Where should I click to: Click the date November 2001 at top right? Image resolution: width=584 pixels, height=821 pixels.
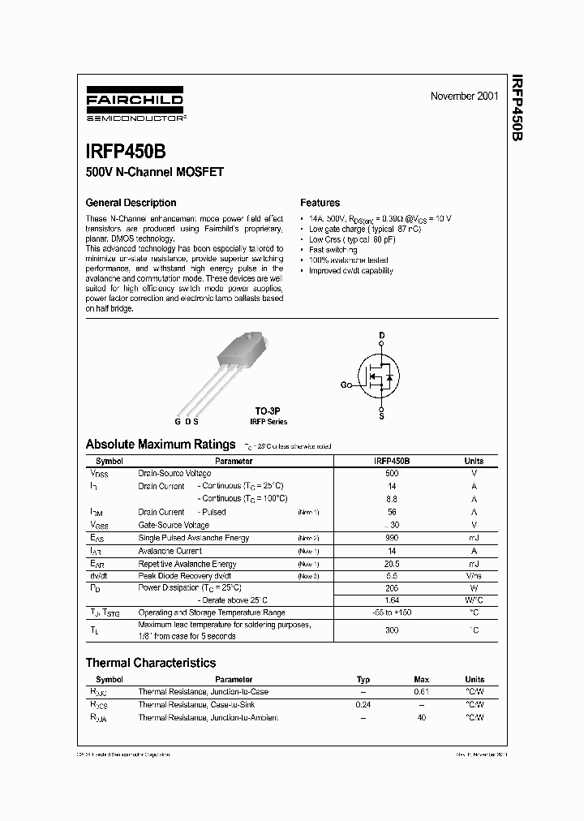tap(464, 97)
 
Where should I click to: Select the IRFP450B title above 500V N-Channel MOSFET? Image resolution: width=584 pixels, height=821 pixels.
tap(127, 152)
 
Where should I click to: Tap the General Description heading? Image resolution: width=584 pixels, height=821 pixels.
tap(131, 203)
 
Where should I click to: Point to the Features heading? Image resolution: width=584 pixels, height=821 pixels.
tap(320, 203)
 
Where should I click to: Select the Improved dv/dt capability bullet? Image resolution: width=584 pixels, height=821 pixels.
tap(350, 271)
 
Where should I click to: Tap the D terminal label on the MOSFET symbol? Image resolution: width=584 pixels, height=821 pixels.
tap(382, 335)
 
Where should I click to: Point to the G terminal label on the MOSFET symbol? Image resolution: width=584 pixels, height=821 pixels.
tap(344, 385)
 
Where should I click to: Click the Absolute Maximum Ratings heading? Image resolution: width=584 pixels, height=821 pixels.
tap(160, 445)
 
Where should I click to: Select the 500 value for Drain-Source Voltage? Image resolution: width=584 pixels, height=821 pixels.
tap(392, 473)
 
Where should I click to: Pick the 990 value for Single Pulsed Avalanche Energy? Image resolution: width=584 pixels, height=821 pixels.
tap(392, 538)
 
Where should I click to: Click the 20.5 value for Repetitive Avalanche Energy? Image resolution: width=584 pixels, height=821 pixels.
tap(392, 564)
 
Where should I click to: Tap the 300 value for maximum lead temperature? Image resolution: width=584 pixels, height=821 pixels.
tap(392, 630)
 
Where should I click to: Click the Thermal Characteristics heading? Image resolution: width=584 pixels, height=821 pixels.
tap(150, 663)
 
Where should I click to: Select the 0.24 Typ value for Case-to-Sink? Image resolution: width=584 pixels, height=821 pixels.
tap(363, 705)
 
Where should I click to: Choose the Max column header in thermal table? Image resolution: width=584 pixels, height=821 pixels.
tap(421, 679)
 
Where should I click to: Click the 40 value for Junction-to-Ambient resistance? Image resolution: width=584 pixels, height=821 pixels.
tap(421, 718)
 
